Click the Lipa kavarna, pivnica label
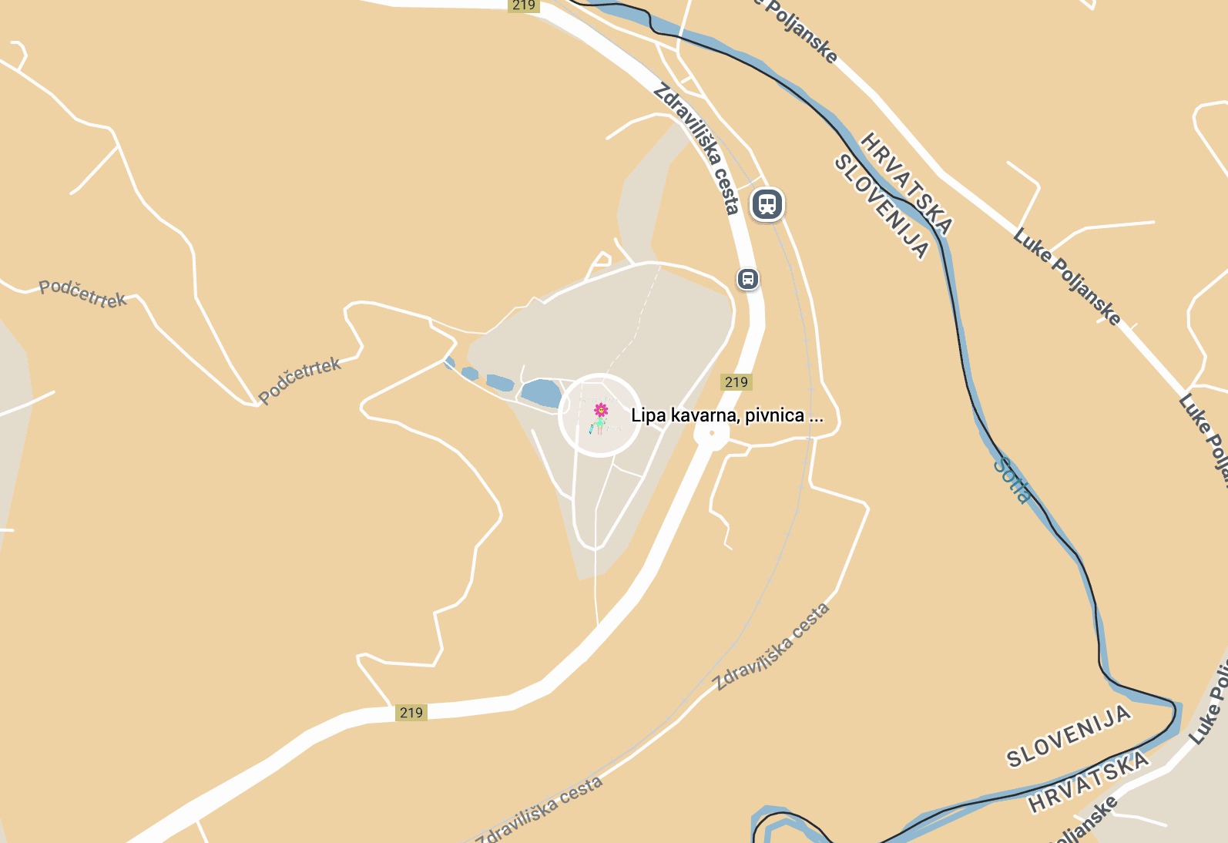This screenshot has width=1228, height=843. tap(726, 415)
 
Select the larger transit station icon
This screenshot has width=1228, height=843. tap(767, 204)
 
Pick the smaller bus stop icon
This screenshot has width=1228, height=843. tap(748, 279)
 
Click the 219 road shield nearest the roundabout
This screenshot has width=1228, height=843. tap(736, 382)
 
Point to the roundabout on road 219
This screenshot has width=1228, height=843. tap(711, 435)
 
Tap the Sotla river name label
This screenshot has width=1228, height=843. tap(1012, 480)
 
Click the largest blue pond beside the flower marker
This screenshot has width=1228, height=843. tap(541, 393)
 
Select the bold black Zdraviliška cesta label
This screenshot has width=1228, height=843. tap(696, 148)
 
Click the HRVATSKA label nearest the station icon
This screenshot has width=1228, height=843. tap(907, 183)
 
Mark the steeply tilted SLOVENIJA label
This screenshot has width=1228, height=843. tap(882, 206)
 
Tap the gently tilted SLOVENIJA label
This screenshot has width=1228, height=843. tap(1069, 737)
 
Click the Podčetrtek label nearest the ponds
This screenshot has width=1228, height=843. tap(300, 380)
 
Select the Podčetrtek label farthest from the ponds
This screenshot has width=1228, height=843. tap(82, 294)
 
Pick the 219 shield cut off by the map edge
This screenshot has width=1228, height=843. tap(523, 5)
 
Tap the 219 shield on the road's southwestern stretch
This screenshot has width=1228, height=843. tap(411, 713)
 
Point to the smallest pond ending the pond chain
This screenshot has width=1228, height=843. tap(450, 362)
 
